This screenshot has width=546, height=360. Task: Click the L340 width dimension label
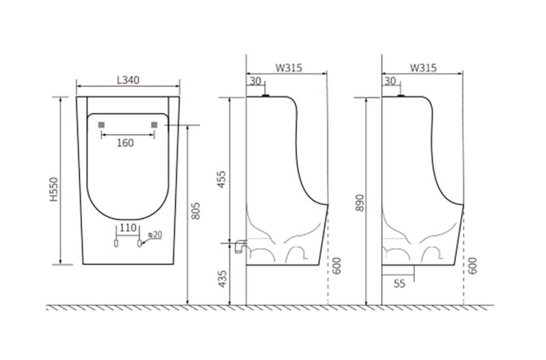128,80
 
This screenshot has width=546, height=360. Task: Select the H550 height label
54,190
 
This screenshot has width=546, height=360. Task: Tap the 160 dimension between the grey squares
125,143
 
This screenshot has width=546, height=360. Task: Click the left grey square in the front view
101,125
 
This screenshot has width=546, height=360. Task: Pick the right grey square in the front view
154,125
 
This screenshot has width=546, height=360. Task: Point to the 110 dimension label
128,228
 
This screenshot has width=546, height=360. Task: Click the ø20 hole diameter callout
155,234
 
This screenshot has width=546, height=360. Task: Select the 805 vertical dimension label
196,211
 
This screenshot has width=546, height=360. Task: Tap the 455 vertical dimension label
222,180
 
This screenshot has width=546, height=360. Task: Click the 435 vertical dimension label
222,279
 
